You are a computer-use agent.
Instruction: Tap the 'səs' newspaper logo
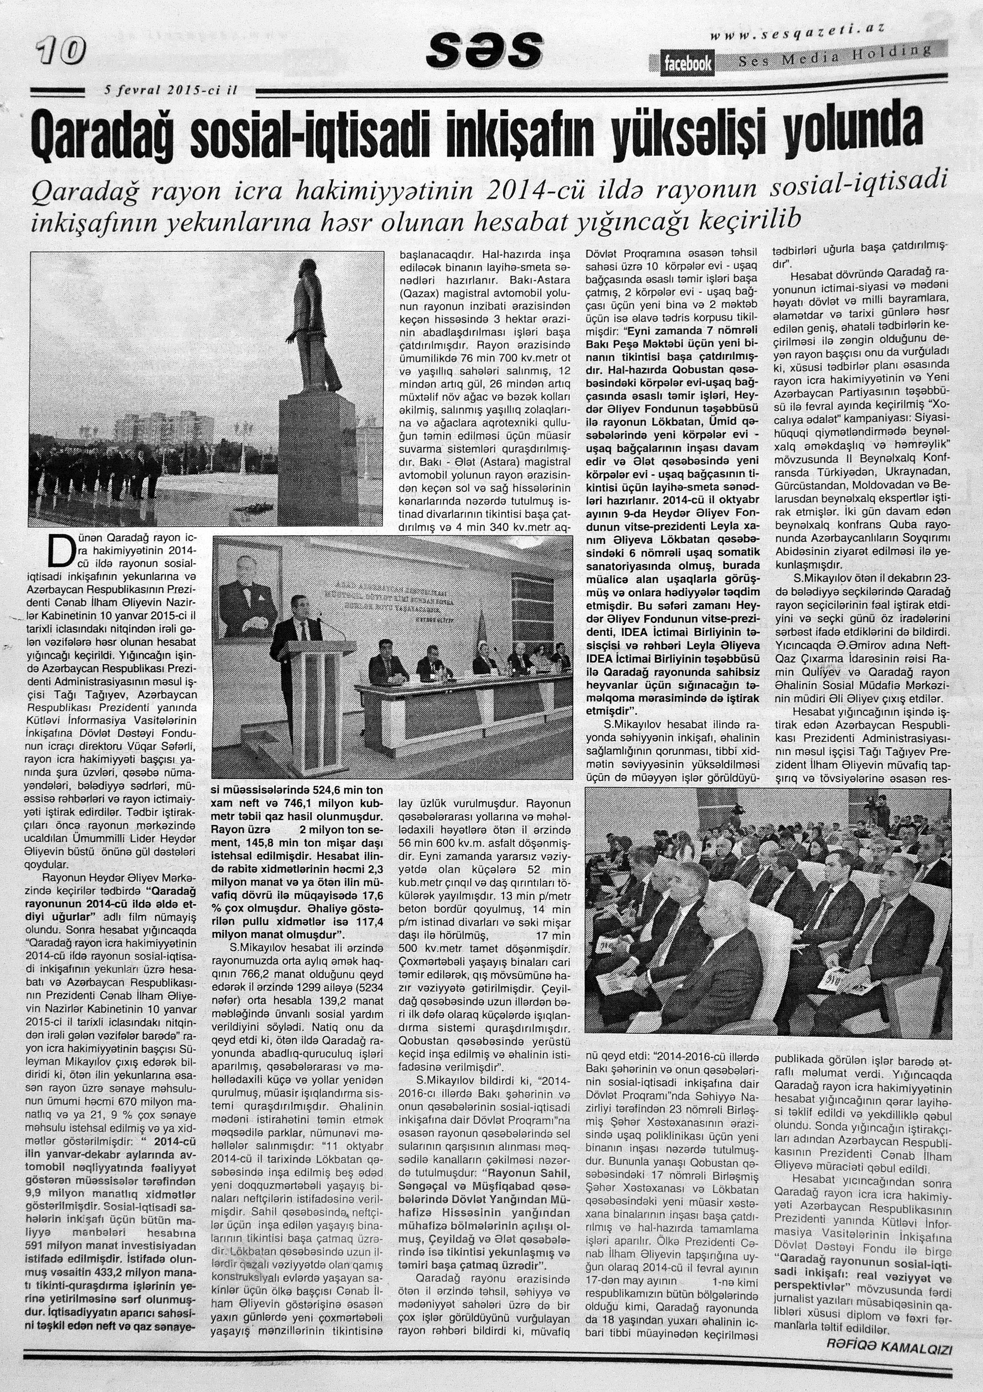tap(484, 50)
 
